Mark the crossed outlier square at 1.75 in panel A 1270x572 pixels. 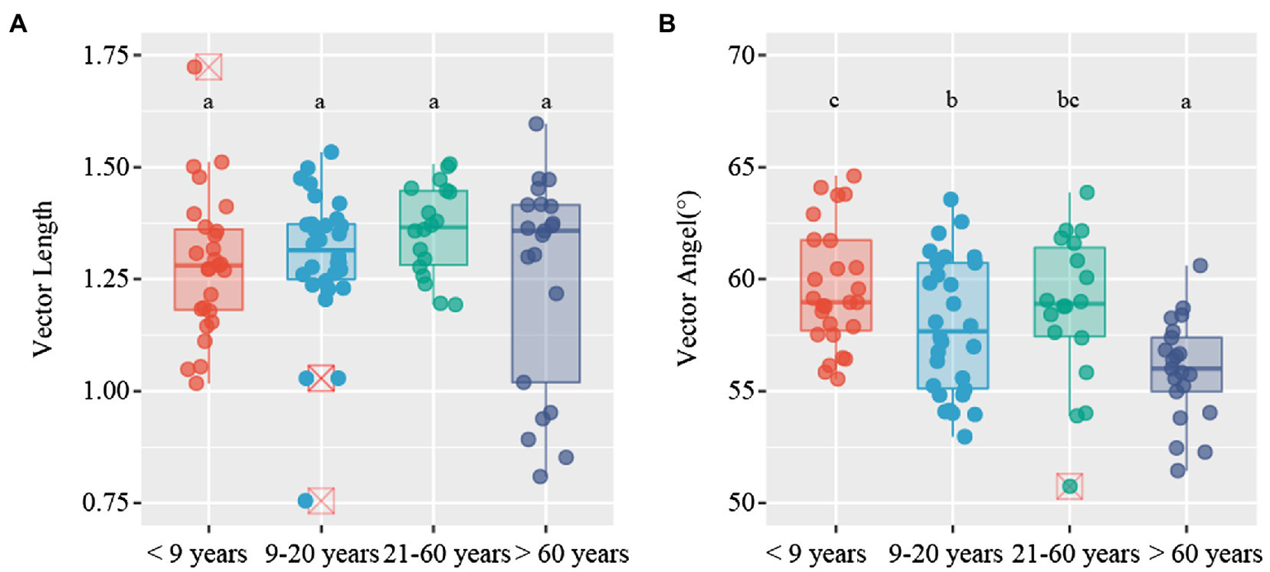click(208, 66)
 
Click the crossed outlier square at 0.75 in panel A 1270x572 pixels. click(321, 501)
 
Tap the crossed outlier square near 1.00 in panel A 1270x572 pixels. click(321, 378)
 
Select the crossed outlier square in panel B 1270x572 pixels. click(1069, 486)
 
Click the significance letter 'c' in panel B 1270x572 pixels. click(836, 102)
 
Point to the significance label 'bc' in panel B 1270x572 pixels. click(1069, 102)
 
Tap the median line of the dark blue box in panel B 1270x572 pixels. click(1186, 368)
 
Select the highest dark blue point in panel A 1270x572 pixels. click(536, 124)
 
